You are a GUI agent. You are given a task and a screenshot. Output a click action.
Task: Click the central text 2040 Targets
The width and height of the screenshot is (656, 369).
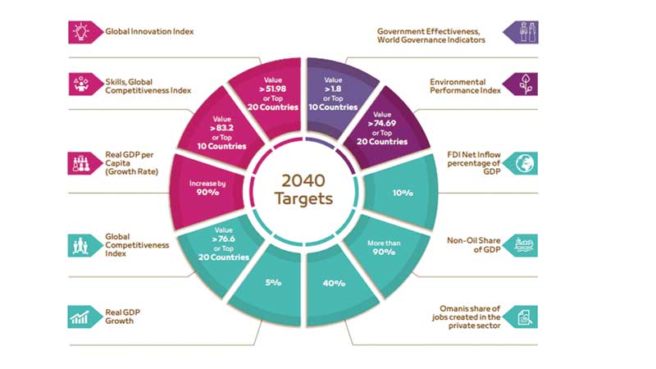coord(304,187)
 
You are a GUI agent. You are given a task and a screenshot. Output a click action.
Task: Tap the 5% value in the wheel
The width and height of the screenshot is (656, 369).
coord(272,283)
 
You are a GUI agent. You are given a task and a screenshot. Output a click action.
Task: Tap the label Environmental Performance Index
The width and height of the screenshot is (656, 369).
coord(458,86)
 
